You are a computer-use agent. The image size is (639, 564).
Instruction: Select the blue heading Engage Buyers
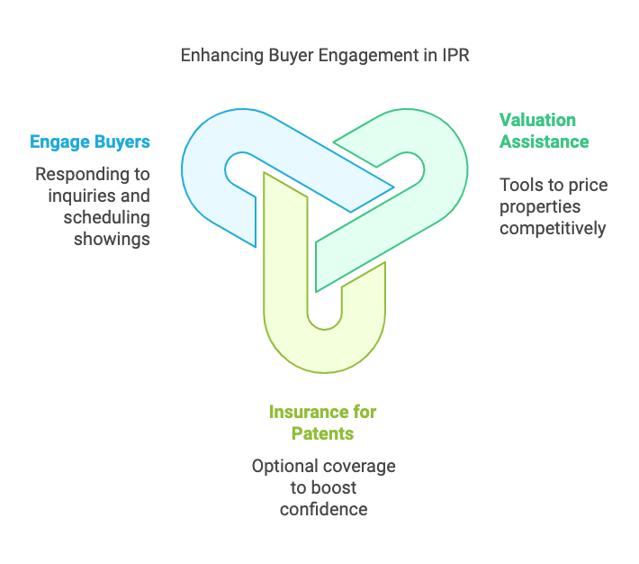(x=90, y=141)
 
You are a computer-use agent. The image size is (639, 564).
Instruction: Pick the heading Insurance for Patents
(x=322, y=423)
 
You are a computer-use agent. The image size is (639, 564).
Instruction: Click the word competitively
(x=553, y=229)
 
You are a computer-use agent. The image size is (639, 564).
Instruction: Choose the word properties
(x=538, y=207)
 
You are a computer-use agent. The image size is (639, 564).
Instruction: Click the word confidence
(x=323, y=509)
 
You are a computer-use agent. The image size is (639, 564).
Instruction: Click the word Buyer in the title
(x=285, y=55)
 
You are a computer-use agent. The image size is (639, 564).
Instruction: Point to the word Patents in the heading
(x=322, y=433)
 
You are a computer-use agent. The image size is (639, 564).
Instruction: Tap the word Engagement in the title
(x=369, y=55)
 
